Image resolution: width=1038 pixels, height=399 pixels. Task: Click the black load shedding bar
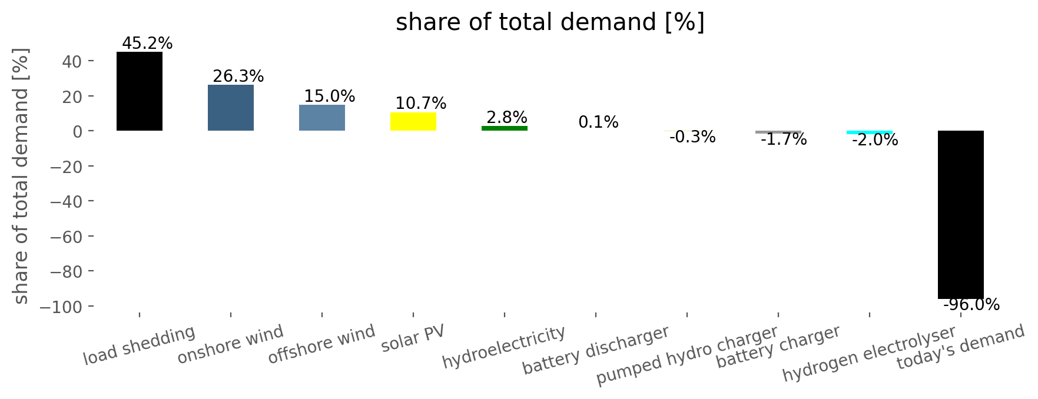coord(140,91)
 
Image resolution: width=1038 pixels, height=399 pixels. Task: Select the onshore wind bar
coord(231,108)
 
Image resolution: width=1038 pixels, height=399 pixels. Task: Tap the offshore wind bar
coord(322,118)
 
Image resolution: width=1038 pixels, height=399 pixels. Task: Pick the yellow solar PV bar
coord(413,121)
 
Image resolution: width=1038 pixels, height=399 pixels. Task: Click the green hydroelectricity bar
coord(505,128)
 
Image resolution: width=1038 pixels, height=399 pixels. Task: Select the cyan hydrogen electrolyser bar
coord(870,132)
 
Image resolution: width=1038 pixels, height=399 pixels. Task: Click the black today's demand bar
coord(961,215)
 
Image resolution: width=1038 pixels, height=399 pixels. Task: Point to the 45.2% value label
coord(147,44)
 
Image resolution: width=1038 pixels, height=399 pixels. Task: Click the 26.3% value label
coord(238,77)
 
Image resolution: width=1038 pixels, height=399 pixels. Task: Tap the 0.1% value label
coord(598,122)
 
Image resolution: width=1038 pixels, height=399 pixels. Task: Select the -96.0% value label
coord(971,305)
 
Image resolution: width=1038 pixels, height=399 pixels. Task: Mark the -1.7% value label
coord(784,139)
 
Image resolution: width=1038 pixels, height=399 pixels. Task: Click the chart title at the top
coord(550,22)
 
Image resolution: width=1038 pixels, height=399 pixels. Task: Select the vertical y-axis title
coord(21,176)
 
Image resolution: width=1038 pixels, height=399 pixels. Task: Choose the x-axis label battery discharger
coord(596,350)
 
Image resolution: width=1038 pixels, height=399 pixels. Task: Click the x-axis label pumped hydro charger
coord(687,355)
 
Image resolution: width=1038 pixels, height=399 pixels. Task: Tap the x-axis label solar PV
coord(413,338)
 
